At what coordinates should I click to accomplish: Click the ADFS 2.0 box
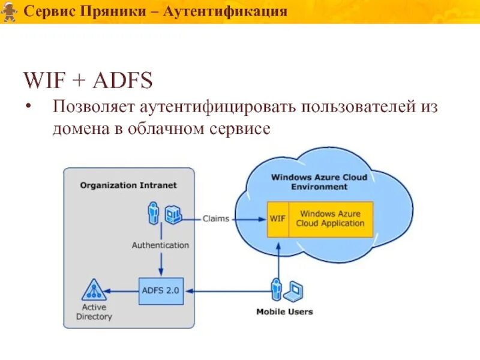[x=160, y=291]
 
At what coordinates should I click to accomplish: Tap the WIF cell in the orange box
[x=277, y=218]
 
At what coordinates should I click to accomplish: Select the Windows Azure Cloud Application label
[x=330, y=218]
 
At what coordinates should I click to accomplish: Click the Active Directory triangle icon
[x=94, y=290]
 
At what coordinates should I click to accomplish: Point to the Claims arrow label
[x=215, y=219]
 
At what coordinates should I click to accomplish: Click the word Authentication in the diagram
[x=160, y=245]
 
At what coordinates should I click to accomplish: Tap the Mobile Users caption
[x=284, y=312]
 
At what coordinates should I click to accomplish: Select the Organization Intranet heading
[x=128, y=185]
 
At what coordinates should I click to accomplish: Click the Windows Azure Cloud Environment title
[x=319, y=182]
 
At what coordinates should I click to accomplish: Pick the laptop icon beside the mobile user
[x=294, y=291]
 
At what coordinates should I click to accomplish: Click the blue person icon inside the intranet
[x=154, y=214]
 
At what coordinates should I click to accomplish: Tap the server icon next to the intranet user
[x=173, y=214]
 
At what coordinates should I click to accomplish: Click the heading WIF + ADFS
[x=88, y=80]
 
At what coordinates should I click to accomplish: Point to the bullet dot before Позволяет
[x=29, y=107]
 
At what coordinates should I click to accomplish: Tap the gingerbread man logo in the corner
[x=8, y=11]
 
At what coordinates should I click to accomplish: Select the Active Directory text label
[x=94, y=312]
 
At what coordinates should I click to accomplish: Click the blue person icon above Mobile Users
[x=277, y=290]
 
